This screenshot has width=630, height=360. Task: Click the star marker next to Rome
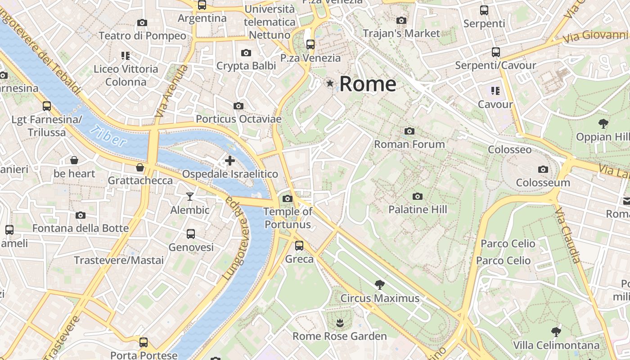coord(330,83)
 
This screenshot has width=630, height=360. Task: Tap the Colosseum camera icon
coord(543,170)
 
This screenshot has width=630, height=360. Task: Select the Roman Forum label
coord(409,144)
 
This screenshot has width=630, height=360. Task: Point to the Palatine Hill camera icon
coord(418,196)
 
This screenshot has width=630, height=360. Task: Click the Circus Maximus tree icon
coord(379,284)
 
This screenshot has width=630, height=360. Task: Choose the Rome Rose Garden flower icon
coord(339,323)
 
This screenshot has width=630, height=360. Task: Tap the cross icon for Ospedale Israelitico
coord(230,160)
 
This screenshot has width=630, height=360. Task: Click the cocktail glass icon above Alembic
coord(190,197)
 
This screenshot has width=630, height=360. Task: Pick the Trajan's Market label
coord(401,33)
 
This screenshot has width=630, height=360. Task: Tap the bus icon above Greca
coord(299,246)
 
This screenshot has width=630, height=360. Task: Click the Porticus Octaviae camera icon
coord(238,106)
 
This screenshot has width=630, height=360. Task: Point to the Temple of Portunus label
coord(288,218)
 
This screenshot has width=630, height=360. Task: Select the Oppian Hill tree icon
coord(603,123)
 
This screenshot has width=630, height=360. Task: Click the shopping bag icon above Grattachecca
coord(140,167)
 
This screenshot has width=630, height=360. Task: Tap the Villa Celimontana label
coord(557,346)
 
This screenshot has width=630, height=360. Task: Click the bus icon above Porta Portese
coord(144,342)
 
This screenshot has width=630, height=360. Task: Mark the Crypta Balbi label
coord(246,66)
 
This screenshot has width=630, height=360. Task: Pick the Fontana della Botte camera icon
coord(81,215)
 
